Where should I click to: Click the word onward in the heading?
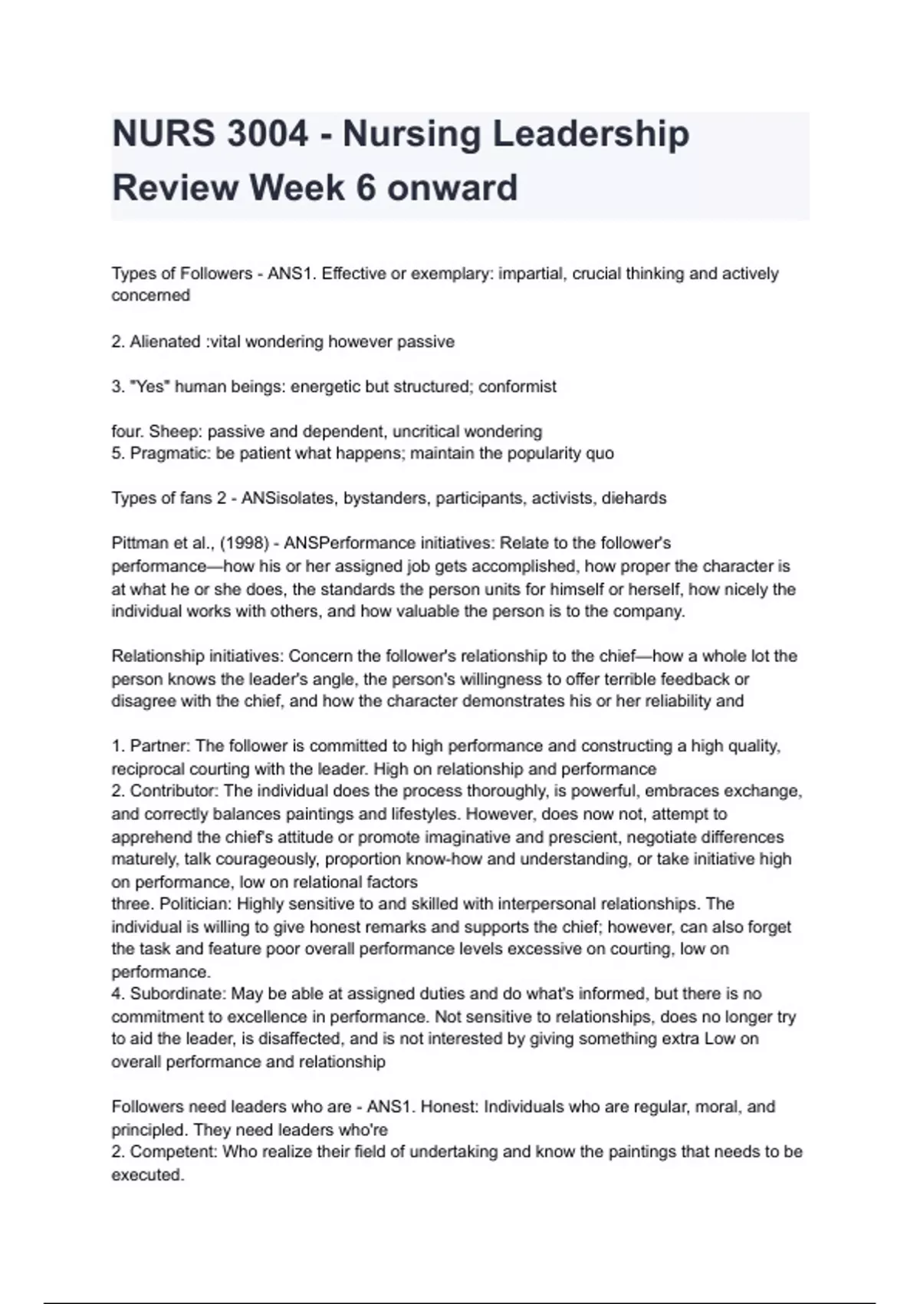452,188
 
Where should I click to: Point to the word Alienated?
165,342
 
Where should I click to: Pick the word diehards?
634,499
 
